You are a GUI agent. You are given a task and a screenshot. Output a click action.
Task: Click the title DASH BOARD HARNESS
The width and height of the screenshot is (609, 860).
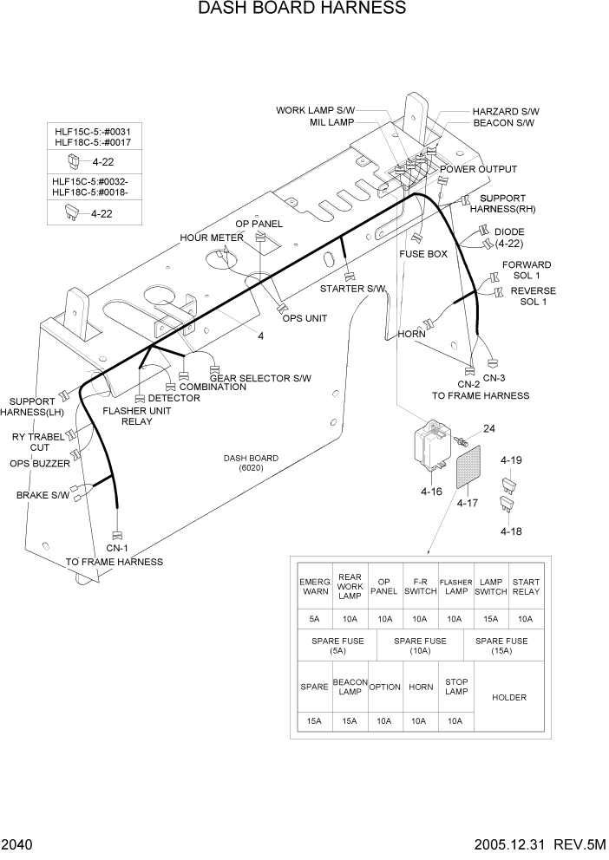(302, 10)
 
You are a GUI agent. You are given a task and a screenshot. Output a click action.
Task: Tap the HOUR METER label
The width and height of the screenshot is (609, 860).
(212, 238)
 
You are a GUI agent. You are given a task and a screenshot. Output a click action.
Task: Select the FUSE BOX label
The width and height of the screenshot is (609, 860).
(423, 254)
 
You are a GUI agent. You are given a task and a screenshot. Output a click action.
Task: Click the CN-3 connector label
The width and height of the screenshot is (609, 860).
(494, 377)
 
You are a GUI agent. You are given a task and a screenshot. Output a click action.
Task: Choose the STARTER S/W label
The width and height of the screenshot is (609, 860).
(352, 289)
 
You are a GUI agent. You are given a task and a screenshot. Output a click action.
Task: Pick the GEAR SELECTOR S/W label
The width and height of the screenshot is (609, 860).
(260, 378)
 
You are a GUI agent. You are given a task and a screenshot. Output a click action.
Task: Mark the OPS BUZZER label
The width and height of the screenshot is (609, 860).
(39, 464)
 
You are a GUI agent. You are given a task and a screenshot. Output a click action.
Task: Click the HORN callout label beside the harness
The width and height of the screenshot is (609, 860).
(411, 334)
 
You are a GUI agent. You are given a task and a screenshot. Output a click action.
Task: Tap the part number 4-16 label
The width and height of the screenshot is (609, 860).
(432, 492)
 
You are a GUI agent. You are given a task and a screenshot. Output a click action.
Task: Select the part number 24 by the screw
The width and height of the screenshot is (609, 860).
(489, 427)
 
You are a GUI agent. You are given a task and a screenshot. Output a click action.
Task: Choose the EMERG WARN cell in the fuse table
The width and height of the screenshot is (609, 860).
(314, 587)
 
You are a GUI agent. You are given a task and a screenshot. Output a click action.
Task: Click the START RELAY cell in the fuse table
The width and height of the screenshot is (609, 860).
(525, 587)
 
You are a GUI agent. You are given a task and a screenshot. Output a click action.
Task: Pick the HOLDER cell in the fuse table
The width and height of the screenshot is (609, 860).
(508, 697)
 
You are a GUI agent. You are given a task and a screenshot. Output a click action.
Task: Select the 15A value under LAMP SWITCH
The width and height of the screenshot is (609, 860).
(490, 619)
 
